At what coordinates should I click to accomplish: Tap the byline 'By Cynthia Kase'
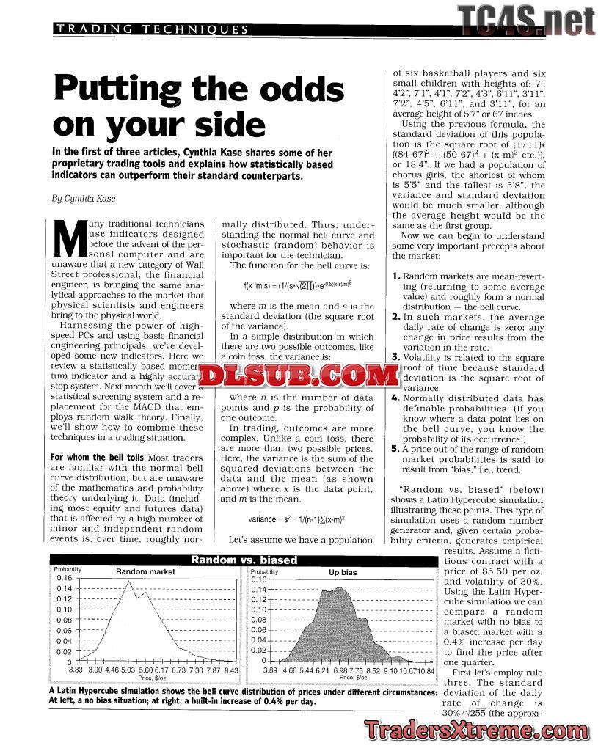pyautogui.click(x=82, y=198)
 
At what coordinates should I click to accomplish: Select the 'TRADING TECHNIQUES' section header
pyautogui.click(x=152, y=29)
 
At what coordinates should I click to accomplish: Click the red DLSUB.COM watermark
pyautogui.click(x=297, y=376)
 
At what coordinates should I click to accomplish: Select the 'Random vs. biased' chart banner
pyautogui.click(x=244, y=560)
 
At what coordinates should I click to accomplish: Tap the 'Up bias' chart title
pyautogui.click(x=343, y=572)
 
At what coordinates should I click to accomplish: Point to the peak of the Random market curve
pyautogui.click(x=129, y=582)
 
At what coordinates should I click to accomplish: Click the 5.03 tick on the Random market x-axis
pyautogui.click(x=127, y=670)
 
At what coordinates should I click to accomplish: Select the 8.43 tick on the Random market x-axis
pyautogui.click(x=231, y=670)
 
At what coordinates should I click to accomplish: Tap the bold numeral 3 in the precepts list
pyautogui.click(x=395, y=357)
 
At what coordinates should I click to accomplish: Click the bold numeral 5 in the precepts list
pyautogui.click(x=395, y=448)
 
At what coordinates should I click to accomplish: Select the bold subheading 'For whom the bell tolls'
pyautogui.click(x=98, y=458)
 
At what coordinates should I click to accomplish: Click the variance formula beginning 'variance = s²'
pyautogui.click(x=297, y=519)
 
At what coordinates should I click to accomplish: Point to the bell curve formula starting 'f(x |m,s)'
pyautogui.click(x=297, y=285)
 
